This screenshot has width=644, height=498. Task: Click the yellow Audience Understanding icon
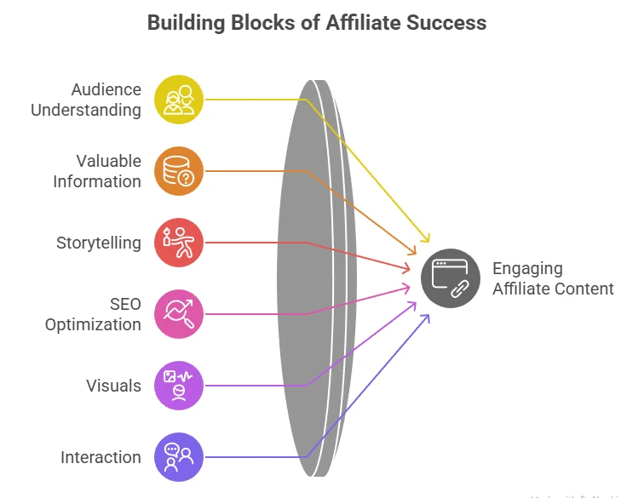(179, 100)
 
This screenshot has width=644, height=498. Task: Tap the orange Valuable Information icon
(179, 171)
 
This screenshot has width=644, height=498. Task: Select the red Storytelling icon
(179, 243)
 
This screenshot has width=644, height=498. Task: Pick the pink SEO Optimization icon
(179, 314)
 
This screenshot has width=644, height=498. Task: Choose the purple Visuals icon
(179, 386)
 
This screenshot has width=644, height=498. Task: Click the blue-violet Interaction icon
(179, 457)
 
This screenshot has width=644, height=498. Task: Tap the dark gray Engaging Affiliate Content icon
(451, 278)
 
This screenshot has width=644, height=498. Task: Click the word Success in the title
(447, 22)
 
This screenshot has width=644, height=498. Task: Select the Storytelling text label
(99, 243)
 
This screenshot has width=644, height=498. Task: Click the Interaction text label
(101, 458)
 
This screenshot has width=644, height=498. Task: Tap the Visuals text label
(113, 386)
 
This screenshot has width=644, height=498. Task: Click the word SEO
(125, 304)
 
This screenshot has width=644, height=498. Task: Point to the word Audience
(106, 89)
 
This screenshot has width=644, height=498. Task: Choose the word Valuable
(108, 161)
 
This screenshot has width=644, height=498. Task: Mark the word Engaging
(527, 269)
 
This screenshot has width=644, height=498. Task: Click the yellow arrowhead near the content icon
(428, 241)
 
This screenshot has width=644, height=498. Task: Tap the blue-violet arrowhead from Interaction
(426, 318)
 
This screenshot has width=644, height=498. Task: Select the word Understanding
(86, 110)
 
